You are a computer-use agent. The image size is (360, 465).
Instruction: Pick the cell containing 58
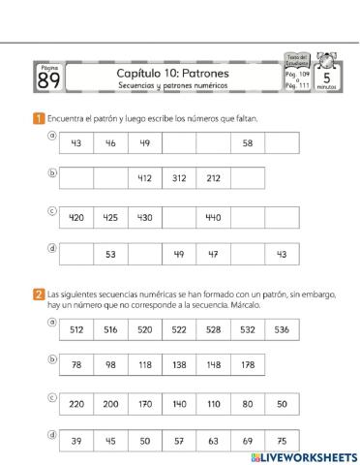tap(248, 143)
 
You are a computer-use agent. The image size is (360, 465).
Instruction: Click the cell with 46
tap(110, 143)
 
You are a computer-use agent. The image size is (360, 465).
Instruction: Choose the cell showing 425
tap(110, 217)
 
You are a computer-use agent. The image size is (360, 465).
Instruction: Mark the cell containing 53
tap(110, 254)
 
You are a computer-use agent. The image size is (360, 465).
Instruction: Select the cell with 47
tap(213, 254)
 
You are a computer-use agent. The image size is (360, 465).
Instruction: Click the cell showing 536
tap(282, 329)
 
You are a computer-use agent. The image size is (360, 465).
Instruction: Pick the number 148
tap(213, 365)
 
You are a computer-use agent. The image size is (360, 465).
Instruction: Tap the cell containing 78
tap(76, 365)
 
